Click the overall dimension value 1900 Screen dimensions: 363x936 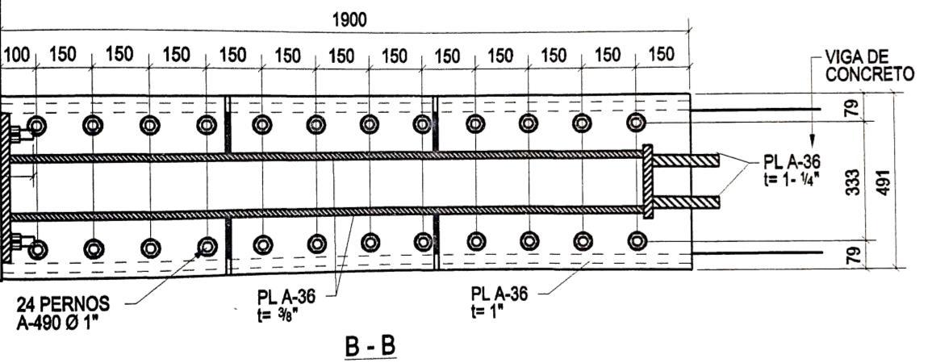349,20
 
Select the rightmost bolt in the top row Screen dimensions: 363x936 637,122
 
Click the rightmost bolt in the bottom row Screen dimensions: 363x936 637,240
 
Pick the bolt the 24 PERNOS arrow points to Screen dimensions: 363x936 207,245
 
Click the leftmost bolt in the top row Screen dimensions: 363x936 36,124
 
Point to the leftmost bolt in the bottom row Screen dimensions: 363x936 36,245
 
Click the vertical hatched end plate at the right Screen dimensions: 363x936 647,181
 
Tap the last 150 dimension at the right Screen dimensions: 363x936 661,56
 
